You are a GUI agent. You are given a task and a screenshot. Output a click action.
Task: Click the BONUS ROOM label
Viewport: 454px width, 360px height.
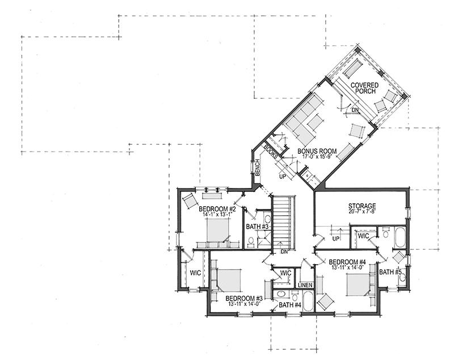[317, 151]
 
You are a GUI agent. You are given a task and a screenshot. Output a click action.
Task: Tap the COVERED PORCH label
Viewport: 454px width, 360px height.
[364, 88]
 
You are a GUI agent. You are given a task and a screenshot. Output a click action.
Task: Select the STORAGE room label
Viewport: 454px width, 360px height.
[362, 206]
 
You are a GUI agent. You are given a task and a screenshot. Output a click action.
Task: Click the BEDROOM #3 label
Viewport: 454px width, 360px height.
[244, 298]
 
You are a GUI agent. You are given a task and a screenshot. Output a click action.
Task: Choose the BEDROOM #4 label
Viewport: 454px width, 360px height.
[347, 262]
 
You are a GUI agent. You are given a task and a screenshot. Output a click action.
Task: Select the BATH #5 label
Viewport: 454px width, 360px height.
[390, 272]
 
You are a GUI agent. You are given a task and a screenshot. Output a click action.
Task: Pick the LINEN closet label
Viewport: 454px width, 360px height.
[305, 285]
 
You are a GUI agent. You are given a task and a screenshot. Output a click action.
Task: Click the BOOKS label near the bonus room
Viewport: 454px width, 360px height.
[271, 152]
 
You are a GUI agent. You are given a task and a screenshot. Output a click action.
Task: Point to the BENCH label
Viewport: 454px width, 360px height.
[257, 168]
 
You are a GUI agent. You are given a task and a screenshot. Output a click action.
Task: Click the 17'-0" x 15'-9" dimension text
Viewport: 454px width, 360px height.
[317, 156]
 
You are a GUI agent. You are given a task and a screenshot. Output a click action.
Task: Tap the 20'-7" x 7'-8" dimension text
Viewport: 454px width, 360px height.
[362, 211]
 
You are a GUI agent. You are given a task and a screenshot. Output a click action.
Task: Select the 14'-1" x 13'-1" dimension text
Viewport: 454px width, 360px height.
[217, 215]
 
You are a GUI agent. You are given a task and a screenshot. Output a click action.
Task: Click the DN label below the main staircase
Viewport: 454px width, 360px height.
[284, 252]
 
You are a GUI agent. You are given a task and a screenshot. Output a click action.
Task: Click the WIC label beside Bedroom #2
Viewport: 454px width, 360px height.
[195, 273]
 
